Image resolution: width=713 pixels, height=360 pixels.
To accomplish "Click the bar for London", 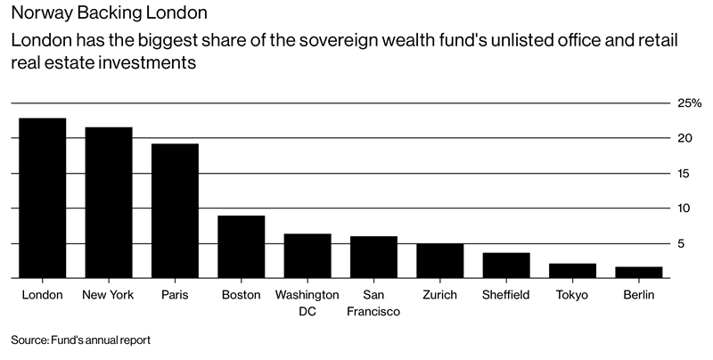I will pos(43,198).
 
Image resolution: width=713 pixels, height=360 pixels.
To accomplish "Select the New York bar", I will pos(109,202).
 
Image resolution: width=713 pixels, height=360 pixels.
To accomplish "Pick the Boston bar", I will pos(242,247).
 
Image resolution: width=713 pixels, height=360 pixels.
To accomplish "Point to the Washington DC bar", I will pos(307,256).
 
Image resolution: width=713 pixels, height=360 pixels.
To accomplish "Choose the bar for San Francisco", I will pos(373,257).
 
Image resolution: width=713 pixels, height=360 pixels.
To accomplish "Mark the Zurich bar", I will pos(440,260).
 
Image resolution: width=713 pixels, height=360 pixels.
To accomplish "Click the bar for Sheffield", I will pos(506,266).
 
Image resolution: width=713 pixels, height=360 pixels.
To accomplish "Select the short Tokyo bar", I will pos(572,271).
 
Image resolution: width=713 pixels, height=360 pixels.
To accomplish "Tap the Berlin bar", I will pos(639,273).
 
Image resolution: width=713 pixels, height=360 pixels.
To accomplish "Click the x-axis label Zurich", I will pos(440,294).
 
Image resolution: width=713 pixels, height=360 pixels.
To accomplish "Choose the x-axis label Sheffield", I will pos(506,294).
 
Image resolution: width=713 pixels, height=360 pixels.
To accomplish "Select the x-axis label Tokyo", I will pos(572,294).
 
